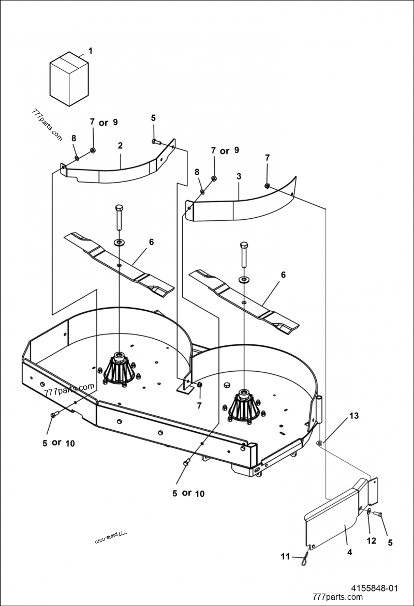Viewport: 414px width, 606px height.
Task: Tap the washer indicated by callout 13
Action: tap(320, 442)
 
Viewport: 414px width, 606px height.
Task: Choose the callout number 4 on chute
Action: tap(349, 552)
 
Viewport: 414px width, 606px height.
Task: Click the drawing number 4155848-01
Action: tap(375, 588)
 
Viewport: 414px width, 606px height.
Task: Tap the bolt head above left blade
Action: tap(119, 208)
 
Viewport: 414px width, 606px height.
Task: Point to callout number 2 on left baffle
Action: tap(120, 146)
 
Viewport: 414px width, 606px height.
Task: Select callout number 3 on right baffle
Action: tap(239, 176)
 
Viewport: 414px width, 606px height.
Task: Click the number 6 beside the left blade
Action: tap(151, 241)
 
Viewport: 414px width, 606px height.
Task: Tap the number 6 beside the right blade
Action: tap(283, 275)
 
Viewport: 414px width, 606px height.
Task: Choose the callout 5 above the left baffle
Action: tap(153, 118)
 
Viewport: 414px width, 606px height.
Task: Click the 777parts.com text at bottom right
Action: tap(337, 597)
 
